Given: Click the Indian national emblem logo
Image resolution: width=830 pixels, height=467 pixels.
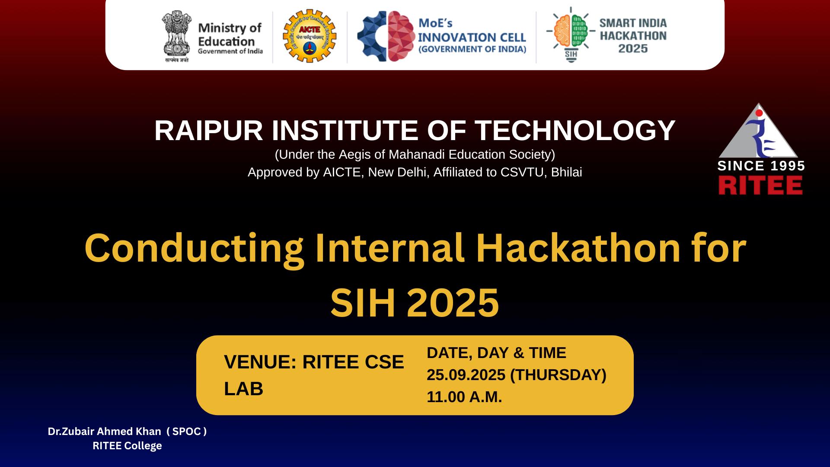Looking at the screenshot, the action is point(176,36).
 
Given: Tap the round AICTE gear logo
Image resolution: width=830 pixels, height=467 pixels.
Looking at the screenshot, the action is point(310,37).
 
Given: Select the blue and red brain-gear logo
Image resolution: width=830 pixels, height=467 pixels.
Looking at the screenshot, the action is point(386,36).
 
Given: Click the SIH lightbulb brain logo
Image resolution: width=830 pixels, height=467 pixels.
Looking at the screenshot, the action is point(571,35).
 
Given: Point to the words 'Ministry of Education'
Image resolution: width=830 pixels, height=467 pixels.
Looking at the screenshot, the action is point(230,35).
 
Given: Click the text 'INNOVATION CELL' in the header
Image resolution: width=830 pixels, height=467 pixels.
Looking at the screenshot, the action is point(472,38).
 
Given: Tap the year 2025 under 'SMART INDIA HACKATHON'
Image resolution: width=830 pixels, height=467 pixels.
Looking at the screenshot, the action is point(633,48).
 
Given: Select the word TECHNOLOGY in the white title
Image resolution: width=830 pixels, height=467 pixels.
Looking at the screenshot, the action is point(575,131).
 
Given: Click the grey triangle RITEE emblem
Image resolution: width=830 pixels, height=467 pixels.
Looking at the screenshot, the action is point(758,130).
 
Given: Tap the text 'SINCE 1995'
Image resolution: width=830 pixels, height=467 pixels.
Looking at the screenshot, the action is point(761,166).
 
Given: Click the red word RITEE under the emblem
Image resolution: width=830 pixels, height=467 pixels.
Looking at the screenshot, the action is point(760,186).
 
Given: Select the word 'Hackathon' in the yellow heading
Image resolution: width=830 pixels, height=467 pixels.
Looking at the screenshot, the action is point(578,248).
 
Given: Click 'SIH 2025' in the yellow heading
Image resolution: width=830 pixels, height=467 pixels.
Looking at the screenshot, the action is point(415,303).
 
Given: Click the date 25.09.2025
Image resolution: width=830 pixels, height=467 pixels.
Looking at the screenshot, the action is point(466,375).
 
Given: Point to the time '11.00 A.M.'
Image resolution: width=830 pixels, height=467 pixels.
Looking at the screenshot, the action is point(464,397).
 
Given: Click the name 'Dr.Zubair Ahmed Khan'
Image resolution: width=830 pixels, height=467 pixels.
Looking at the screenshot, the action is point(104,432).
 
